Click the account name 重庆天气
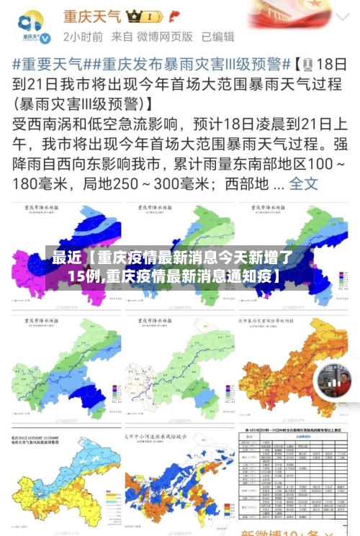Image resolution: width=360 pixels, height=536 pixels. tap(92, 15)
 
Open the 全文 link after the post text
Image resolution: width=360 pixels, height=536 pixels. tap(303, 183)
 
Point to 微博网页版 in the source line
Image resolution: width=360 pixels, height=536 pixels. tap(166, 36)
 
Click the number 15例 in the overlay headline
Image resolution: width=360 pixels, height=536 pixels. tap(85, 275)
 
